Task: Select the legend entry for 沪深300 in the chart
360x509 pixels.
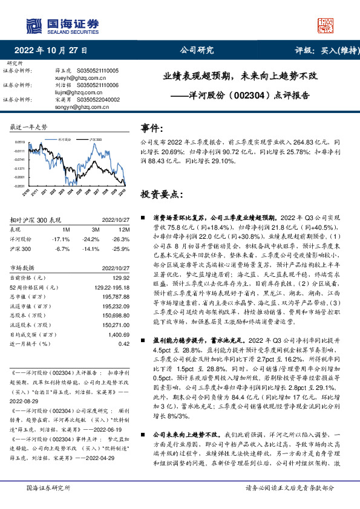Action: pos(94,138)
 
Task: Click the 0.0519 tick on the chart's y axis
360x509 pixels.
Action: pos(20,142)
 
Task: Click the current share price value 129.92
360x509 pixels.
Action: pos(121,277)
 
